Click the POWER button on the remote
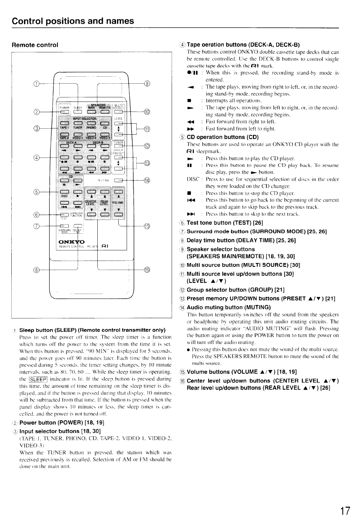coord(63,112)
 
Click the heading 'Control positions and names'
coord(73,21)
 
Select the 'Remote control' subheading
coord(35,45)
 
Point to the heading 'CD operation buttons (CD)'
coord(222,137)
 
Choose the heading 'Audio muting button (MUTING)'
coord(228,307)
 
